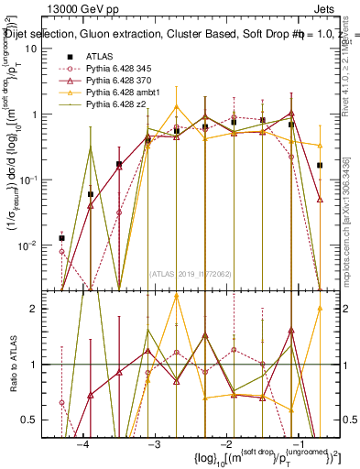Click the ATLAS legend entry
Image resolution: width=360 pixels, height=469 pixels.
click(101, 56)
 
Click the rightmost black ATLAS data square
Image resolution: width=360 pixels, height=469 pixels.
click(320, 166)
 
